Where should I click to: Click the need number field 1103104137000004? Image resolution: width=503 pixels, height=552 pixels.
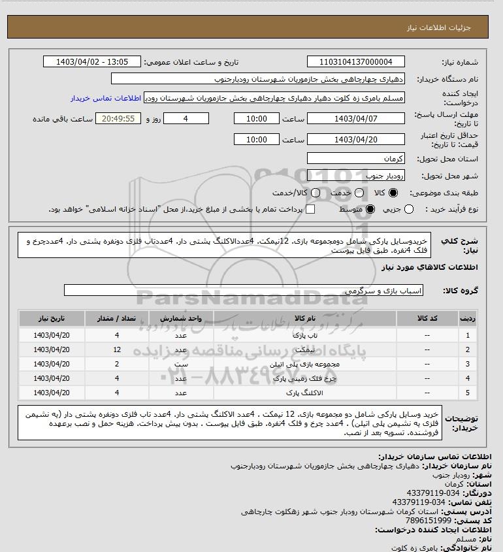(355, 62)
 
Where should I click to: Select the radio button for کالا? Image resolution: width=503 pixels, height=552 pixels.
(393, 193)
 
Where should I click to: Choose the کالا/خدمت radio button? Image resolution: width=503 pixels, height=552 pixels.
(316, 193)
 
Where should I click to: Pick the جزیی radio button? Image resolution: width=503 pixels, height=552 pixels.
(409, 209)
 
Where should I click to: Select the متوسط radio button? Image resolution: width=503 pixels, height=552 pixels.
(370, 209)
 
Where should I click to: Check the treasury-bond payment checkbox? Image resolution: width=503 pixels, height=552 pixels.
(310, 209)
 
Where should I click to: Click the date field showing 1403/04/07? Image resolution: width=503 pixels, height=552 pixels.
(355, 119)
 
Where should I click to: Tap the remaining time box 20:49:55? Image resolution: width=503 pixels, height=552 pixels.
(118, 119)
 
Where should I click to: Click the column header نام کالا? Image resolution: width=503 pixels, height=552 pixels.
(305, 319)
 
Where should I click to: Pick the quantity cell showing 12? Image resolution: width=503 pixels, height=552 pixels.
(117, 349)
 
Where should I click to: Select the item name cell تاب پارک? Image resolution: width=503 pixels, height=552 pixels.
(305, 335)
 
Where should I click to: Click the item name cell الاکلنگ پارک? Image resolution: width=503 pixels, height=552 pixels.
(305, 393)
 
